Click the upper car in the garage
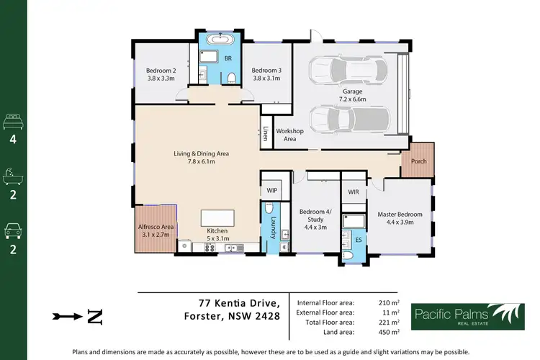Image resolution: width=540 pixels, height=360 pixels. pyautogui.click(x=346, y=71)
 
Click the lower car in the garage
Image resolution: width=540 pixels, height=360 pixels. pyautogui.click(x=347, y=119)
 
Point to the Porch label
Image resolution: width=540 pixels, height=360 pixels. pyautogui.click(x=418, y=161)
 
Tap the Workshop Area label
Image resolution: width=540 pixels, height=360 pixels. pyautogui.click(x=290, y=135)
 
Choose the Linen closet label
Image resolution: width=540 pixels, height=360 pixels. pyautogui.click(x=266, y=133)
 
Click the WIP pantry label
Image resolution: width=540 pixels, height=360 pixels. pyautogui.click(x=272, y=191)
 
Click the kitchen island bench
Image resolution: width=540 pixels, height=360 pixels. pyautogui.click(x=217, y=218)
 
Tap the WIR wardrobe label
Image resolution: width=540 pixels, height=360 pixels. pyautogui.click(x=353, y=192)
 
